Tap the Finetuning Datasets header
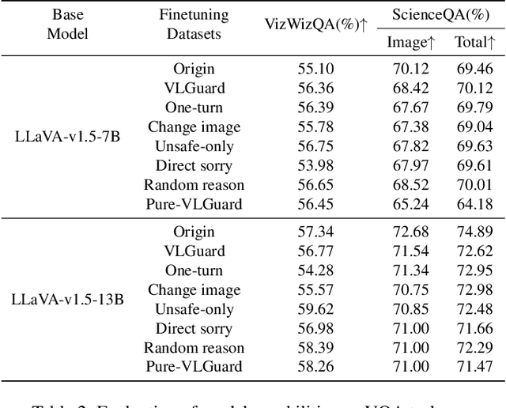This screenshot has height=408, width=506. click(194, 25)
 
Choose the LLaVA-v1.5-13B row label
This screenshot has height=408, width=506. click(58, 300)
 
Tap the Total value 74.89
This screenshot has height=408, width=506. click(475, 231)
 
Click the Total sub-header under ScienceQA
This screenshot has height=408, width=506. click(475, 42)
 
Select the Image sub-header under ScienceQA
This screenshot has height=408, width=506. click(409, 42)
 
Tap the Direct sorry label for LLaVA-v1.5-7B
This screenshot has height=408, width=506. click(194, 165)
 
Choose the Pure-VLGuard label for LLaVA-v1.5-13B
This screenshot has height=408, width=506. click(194, 366)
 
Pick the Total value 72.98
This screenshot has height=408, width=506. click(475, 289)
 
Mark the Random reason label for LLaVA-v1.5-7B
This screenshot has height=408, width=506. click(194, 184)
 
